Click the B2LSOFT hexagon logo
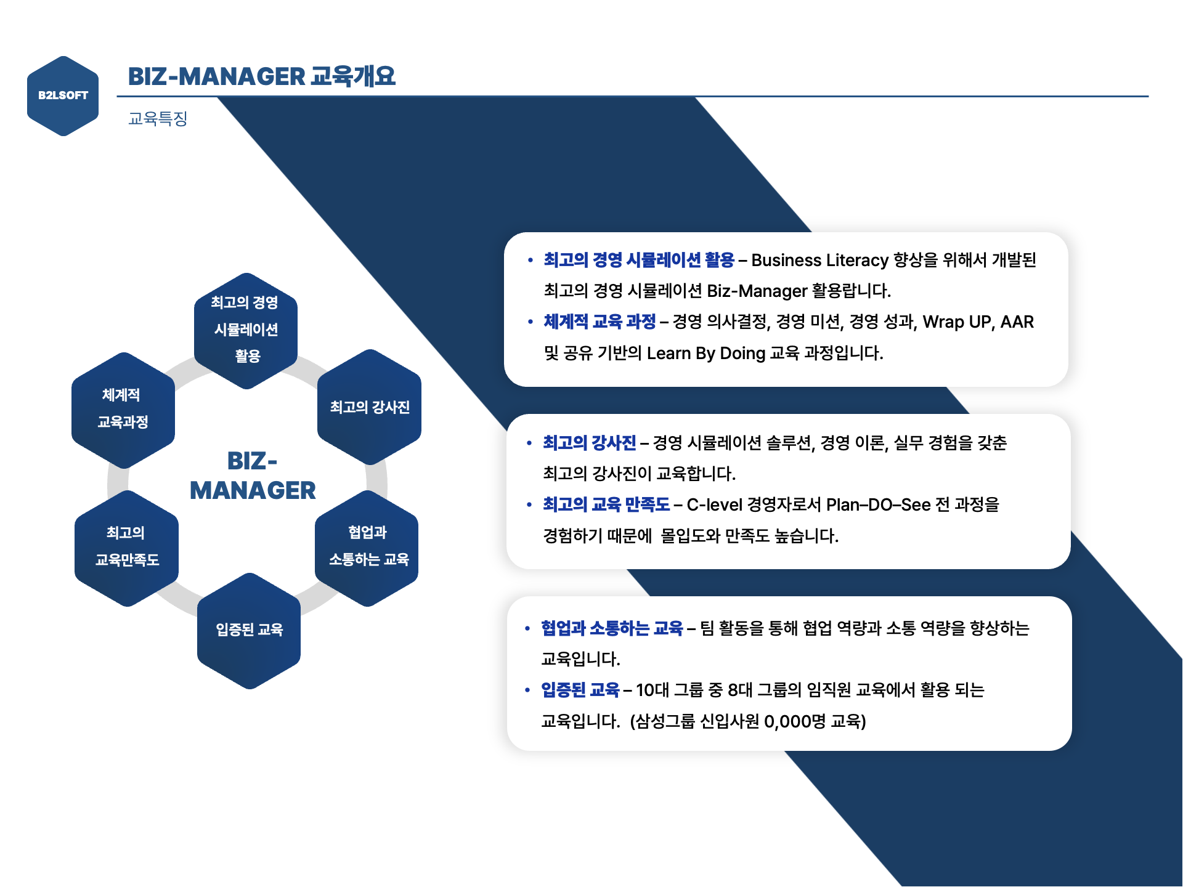[x=63, y=95]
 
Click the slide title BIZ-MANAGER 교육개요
[x=261, y=76]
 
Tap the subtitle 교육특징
[x=158, y=118]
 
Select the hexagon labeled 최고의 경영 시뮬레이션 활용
[x=246, y=330]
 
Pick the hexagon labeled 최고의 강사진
[x=369, y=407]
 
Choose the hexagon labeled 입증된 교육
[x=249, y=630]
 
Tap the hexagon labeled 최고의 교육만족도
[x=126, y=547]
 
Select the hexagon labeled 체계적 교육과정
[x=123, y=409]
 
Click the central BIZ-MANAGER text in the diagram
[x=253, y=476]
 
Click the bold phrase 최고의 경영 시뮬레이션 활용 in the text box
[x=639, y=260]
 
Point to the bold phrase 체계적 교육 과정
[x=600, y=322]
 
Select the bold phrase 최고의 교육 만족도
[x=606, y=504]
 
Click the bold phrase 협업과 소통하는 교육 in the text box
[x=612, y=628]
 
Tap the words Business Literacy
[x=819, y=260]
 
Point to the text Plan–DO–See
[x=878, y=505]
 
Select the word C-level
[x=714, y=505]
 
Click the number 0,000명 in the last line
[x=794, y=721]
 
